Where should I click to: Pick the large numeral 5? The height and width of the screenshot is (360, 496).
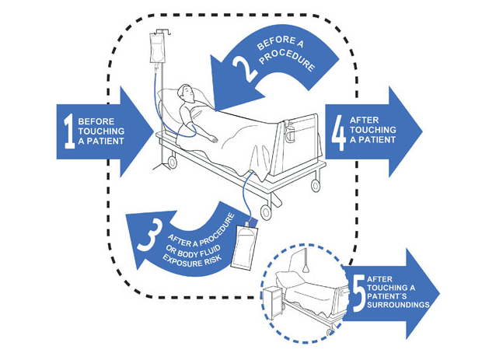358,294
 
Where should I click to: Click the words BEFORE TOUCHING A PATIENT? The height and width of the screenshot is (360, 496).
104,132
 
